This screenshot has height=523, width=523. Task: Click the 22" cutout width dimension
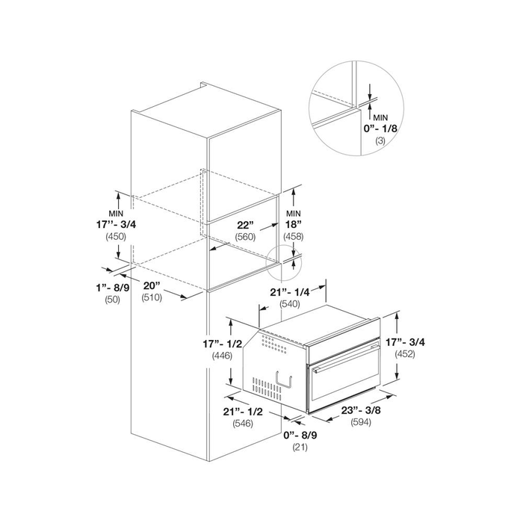pos(246,225)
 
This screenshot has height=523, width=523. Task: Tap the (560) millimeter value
pos(245,237)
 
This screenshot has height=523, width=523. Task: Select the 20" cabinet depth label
pos(152,286)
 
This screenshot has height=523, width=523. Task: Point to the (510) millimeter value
pos(152,297)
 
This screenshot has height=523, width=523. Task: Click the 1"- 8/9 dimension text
pos(113,288)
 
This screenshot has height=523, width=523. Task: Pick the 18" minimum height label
pos(294,224)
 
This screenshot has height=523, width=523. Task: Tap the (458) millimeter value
pos(294,237)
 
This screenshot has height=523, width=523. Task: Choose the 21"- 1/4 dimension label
pos(290,292)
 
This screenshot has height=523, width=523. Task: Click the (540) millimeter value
pos(290,304)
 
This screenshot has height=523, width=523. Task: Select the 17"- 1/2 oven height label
pos(223,344)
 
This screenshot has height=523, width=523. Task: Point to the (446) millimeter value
pos(223,356)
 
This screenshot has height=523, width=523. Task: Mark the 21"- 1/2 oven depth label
pos(243,412)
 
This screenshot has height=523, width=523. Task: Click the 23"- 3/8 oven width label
pos(361,410)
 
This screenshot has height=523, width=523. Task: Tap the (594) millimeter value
pos(361,422)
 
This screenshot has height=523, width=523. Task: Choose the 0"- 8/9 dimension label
pos(300,436)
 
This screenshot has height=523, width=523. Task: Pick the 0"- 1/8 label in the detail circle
pos(380,129)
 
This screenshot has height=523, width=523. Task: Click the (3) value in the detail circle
pos(380,140)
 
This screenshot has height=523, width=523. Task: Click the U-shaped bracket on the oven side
pos(284,381)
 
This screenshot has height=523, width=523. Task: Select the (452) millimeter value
pos(405,354)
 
